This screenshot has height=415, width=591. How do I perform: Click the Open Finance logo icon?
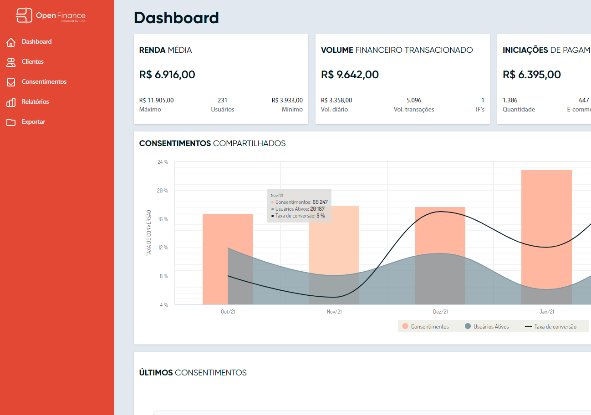(24, 15)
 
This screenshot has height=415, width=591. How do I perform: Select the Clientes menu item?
(32, 61)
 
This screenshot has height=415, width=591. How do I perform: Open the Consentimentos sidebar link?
(44, 82)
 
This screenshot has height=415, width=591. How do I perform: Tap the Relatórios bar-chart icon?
(11, 102)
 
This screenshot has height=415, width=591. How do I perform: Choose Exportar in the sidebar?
(33, 122)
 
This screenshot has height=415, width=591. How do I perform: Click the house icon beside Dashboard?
(11, 42)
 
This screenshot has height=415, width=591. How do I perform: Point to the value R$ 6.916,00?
(167, 75)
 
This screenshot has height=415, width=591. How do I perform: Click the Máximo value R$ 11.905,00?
(156, 100)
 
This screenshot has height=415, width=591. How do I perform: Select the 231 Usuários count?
(222, 100)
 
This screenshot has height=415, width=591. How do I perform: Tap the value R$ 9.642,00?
(350, 75)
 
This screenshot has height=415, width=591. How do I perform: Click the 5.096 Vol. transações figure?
(413, 100)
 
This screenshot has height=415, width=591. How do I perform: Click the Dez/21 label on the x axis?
(440, 312)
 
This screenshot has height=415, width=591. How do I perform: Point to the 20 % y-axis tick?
(163, 191)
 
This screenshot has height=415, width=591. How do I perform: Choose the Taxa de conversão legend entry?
(550, 327)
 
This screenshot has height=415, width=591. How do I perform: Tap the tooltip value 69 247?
(320, 202)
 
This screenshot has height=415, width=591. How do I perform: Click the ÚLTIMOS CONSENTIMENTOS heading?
(193, 373)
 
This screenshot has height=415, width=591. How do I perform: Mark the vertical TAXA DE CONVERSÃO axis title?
(149, 233)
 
